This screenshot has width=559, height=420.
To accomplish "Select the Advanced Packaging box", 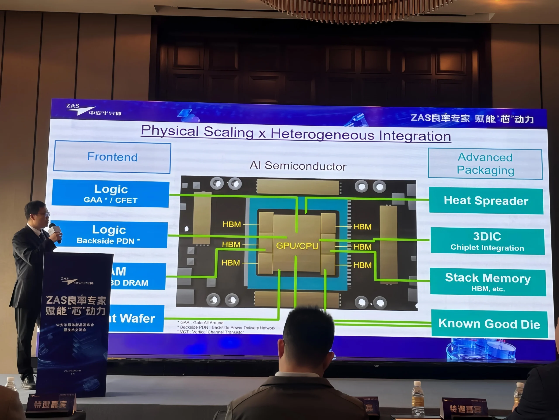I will tap(485, 164).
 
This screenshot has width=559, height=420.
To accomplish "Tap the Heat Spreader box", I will tap(486, 201).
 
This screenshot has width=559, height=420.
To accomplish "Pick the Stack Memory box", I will tap(488, 282).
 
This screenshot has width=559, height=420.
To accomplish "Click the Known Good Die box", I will tap(489, 324).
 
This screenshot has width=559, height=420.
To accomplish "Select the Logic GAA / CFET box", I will tap(111, 194).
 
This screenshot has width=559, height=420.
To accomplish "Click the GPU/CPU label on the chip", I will tap(297, 246).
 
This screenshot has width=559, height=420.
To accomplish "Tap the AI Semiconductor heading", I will tap(298, 166).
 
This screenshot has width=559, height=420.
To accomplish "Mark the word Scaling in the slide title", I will tap(228, 132).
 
